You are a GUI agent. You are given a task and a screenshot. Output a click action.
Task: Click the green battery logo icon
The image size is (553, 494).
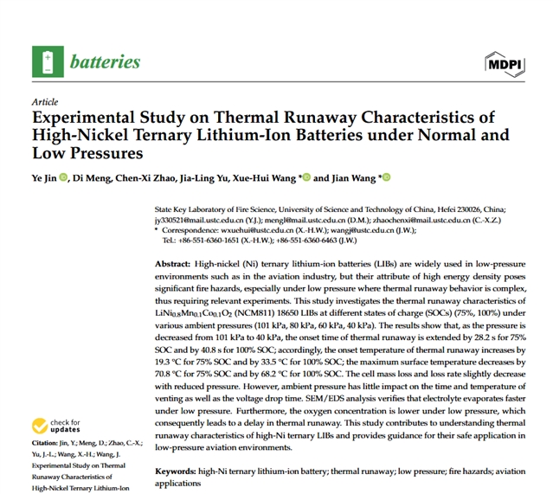click(47, 61)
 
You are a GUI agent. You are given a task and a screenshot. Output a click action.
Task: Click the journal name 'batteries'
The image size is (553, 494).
click(104, 61)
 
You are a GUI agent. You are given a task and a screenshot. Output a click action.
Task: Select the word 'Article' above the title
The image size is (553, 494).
click(44, 101)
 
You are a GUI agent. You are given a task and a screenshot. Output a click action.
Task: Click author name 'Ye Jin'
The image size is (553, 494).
click(44, 178)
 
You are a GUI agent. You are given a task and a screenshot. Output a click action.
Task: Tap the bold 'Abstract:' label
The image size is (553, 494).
click(176, 263)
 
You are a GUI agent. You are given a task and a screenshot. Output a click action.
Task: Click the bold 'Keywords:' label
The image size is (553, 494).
click(177, 472)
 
